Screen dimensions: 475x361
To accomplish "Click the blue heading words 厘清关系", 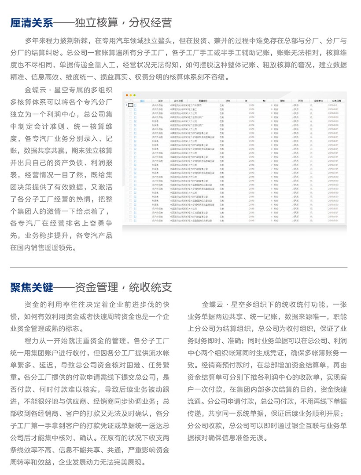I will point(32,22).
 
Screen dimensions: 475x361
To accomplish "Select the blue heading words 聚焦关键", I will point(32,287).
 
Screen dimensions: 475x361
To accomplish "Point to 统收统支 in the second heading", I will point(151,287).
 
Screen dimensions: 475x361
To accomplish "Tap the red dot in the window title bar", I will point(127,95).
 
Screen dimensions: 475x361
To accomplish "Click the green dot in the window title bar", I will point(135,95).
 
